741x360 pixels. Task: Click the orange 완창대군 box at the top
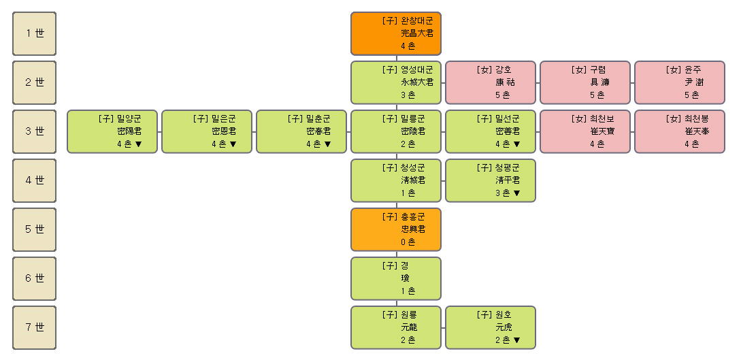click(x=396, y=33)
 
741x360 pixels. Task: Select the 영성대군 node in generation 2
click(x=396, y=82)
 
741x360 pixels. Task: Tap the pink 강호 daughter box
click(x=491, y=82)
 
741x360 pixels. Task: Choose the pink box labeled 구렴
click(x=585, y=82)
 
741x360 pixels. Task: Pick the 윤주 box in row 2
click(x=680, y=82)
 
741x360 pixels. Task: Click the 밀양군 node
click(x=112, y=132)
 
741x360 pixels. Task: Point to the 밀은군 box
click(x=207, y=132)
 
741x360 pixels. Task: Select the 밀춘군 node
click(x=301, y=132)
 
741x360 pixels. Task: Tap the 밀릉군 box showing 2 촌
click(x=396, y=132)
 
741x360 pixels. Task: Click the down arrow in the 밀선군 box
click(x=516, y=144)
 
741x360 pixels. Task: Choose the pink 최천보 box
click(x=585, y=132)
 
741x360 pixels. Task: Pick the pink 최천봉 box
click(x=680, y=132)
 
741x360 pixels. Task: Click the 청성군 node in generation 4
click(x=396, y=180)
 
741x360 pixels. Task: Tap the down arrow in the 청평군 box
click(x=516, y=193)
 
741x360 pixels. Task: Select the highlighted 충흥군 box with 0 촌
click(x=396, y=229)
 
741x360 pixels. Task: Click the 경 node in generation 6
click(x=396, y=279)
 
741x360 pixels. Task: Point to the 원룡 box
click(x=396, y=328)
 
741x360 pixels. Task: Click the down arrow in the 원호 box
click(x=516, y=340)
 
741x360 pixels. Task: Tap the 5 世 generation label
click(x=35, y=229)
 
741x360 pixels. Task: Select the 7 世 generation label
click(x=35, y=328)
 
